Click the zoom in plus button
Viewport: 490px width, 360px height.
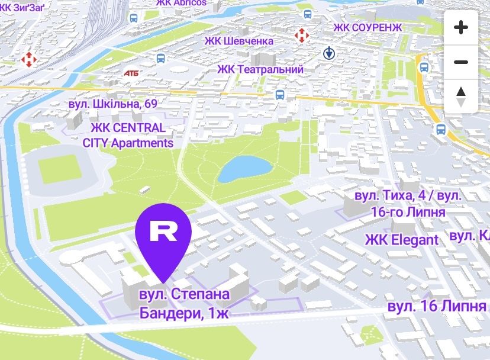[x=460, y=27]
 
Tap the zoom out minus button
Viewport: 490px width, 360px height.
[x=460, y=62]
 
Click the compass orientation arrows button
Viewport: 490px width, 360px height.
[x=460, y=97]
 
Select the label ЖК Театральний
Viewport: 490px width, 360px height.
[x=260, y=70]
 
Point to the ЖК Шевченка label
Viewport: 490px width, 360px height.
[x=238, y=41]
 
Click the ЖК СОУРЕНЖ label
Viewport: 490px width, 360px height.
[x=367, y=28]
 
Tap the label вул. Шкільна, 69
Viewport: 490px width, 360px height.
[x=112, y=104]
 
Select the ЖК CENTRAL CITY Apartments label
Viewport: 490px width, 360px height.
[x=128, y=136]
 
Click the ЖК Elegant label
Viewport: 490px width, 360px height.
[x=402, y=240]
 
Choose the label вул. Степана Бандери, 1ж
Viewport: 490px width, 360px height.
[x=184, y=303]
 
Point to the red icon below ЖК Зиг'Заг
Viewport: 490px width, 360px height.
[x=28, y=59]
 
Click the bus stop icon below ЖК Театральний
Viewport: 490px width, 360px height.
[x=280, y=94]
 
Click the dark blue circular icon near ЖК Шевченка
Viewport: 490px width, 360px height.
[x=330, y=54]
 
